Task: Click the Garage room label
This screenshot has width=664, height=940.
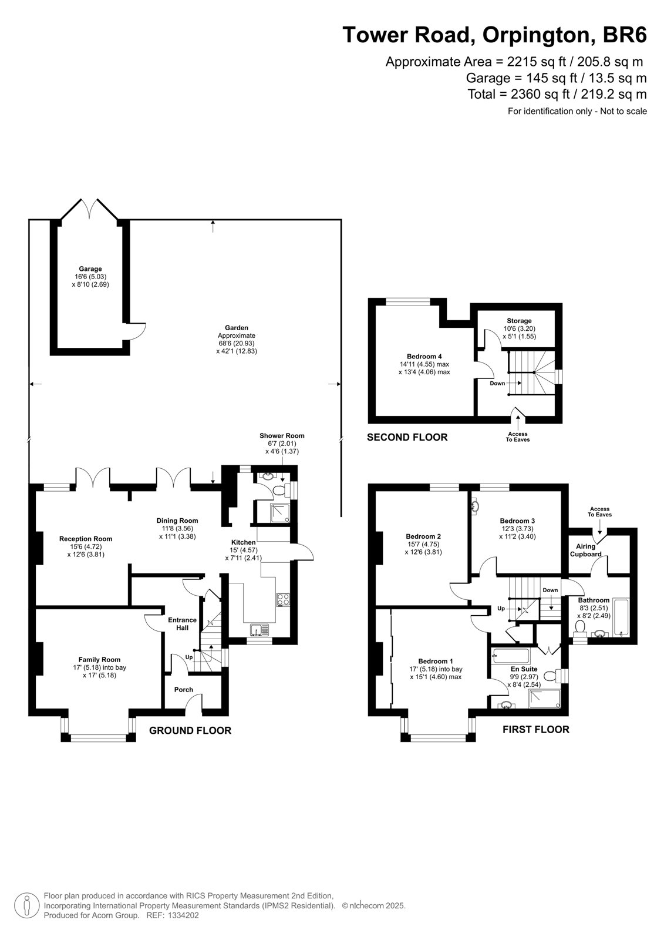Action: [90, 268]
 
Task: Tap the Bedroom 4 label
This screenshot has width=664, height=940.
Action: [424, 356]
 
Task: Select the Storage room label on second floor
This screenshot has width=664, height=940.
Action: [519, 321]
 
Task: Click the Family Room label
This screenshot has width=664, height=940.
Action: [99, 659]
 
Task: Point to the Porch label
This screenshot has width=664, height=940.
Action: [184, 689]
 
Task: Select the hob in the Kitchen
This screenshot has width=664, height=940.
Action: [283, 599]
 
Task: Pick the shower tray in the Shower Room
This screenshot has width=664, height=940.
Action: [280, 513]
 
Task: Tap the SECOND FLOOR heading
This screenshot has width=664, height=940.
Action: [407, 437]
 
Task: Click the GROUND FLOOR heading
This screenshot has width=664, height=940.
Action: [190, 731]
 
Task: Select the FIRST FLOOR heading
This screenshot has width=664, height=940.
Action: [535, 730]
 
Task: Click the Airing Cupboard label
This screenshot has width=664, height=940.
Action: [585, 550]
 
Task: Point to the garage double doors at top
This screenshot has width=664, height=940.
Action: [90, 208]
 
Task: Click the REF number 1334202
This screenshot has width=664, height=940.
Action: [183, 915]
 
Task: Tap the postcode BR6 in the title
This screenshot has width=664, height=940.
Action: [625, 35]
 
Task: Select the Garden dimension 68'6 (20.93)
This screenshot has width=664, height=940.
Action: [236, 343]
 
